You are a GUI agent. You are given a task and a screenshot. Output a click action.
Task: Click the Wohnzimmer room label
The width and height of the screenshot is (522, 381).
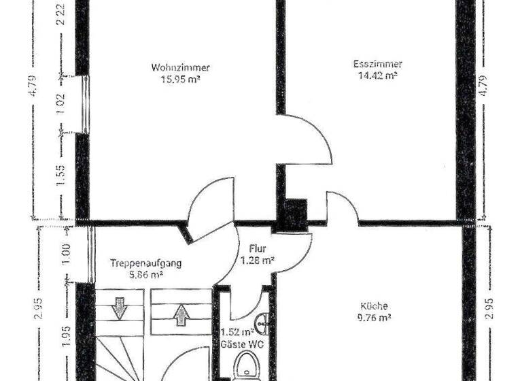[x=180, y=67]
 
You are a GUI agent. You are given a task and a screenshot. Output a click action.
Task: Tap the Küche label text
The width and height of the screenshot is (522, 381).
[x=375, y=306]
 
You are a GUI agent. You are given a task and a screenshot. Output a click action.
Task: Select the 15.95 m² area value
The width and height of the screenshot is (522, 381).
[x=180, y=78]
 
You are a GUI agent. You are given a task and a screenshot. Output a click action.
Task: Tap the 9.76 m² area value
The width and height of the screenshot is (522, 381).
[x=375, y=317]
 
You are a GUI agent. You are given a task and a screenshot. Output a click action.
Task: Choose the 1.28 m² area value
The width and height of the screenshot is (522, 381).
[x=258, y=260]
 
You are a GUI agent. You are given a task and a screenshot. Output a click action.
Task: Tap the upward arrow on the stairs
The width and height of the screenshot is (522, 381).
[x=181, y=315]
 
